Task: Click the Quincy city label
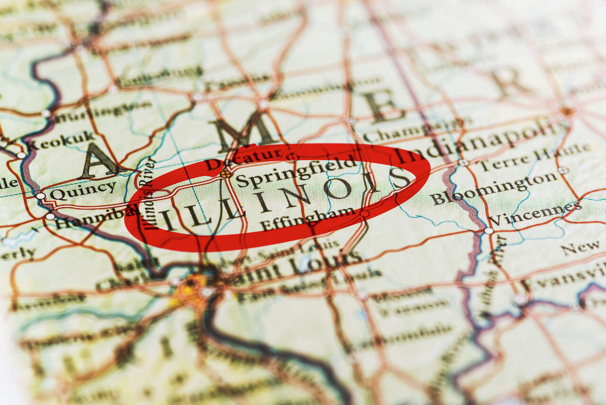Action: (x=83, y=191)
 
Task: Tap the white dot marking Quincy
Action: (x=41, y=195)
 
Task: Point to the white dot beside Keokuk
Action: (x=21, y=155)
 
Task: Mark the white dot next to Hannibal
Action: (x=50, y=216)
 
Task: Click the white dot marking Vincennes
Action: (x=489, y=230)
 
